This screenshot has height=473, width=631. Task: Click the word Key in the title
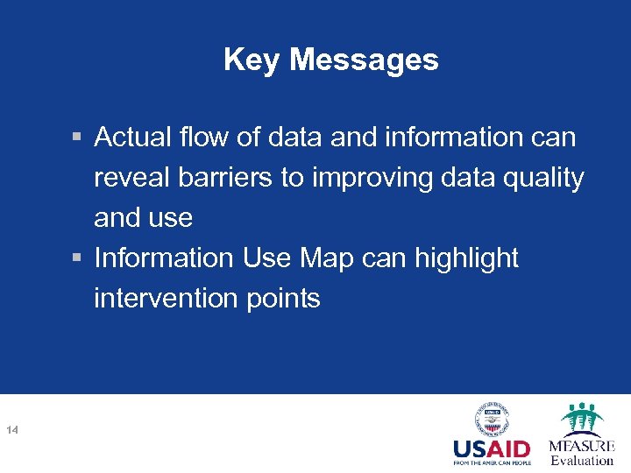252,60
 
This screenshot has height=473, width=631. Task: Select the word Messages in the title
364,60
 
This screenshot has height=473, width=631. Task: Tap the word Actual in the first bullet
132,138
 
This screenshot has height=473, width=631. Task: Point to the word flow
201,138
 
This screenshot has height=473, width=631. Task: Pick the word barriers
228,178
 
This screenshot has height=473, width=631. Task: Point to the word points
282,299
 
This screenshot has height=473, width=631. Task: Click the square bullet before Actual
78,138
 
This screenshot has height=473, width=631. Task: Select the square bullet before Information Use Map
78,259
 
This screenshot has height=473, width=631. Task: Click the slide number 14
12,429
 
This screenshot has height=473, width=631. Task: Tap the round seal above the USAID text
493,419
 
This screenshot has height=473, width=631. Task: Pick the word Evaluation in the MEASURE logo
582,461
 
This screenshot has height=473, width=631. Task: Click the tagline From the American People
492,463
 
